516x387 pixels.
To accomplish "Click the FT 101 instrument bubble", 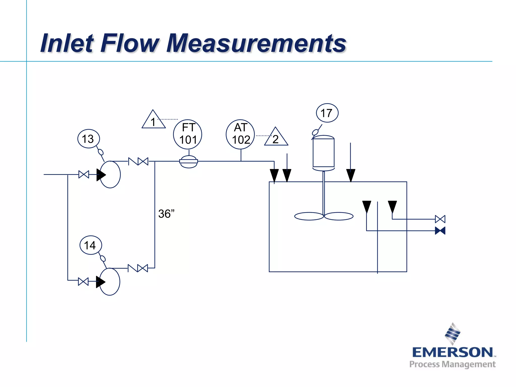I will [187, 134].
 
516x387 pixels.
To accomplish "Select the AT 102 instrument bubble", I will [240, 134].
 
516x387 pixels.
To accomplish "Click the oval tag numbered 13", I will [88, 139].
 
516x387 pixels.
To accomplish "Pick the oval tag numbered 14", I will [90, 245].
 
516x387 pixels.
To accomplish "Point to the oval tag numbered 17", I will [327, 113].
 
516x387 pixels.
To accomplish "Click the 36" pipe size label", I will [166, 214].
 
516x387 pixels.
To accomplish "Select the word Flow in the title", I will [130, 43].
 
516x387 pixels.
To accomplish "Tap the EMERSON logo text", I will [453, 352].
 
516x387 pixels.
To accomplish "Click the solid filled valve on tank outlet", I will [440, 231].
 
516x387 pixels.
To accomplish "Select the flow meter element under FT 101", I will [188, 162].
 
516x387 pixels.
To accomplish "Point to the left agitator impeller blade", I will [309, 216].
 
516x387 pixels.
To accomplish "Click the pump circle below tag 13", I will [110, 174].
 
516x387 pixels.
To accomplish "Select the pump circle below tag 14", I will [110, 281].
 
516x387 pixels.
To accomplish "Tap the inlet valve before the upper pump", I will [84, 174].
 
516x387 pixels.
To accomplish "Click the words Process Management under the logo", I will [452, 364].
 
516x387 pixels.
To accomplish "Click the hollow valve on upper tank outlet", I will [440, 219].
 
